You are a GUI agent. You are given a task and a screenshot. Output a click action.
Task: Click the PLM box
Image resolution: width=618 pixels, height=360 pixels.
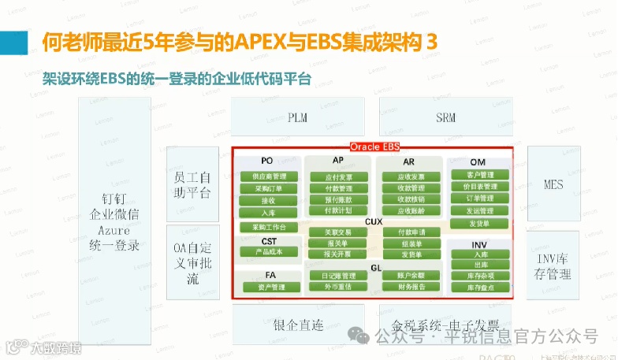(297, 118)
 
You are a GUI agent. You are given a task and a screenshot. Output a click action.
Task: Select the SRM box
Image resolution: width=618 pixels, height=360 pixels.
(445, 118)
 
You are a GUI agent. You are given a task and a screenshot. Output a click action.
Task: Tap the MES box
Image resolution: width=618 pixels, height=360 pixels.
(553, 184)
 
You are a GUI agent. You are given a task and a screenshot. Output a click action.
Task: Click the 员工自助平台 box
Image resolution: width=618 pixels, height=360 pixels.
(192, 184)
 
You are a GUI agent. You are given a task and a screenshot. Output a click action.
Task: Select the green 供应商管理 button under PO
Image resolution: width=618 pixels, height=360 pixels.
(267, 176)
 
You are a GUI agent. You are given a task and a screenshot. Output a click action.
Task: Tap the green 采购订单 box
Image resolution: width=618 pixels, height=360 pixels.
(267, 188)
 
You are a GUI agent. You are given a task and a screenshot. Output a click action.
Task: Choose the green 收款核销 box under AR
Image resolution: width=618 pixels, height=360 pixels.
(411, 199)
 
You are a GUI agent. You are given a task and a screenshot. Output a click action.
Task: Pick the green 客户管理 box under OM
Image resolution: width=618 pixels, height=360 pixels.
(479, 175)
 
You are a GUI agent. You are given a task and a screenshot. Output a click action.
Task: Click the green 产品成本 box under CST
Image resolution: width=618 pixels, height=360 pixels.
(267, 251)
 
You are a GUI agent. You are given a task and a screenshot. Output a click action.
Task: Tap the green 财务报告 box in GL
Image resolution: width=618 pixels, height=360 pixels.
(411, 287)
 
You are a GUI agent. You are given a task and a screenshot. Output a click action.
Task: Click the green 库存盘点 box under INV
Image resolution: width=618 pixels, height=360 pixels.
(480, 288)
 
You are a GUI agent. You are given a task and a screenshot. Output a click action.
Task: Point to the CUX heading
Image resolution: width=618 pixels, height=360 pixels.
(374, 222)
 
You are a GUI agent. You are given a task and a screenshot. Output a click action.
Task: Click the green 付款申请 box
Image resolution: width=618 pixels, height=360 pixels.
(411, 232)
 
